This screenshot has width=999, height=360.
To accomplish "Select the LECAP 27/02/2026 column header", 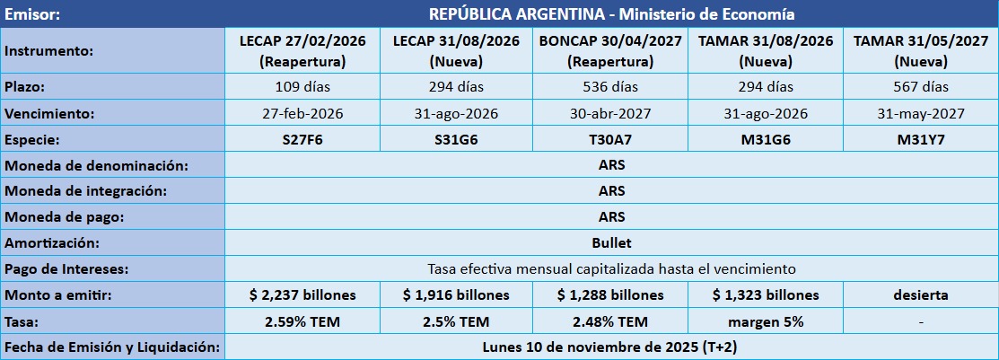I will (x=301, y=51).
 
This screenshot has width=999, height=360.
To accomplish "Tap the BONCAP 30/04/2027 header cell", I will (x=610, y=51).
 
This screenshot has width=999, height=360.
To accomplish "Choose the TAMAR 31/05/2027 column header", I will (x=921, y=51).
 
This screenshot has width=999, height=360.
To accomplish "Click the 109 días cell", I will (x=301, y=87).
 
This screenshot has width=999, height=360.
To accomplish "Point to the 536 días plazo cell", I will (x=610, y=87).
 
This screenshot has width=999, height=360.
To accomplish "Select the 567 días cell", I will (x=921, y=87).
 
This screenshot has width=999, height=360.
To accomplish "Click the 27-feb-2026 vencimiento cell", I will (x=301, y=114).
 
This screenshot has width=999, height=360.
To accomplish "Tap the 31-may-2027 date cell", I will (x=921, y=114).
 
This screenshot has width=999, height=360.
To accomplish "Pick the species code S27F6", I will (x=301, y=140).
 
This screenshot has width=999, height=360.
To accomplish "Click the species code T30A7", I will (x=610, y=140).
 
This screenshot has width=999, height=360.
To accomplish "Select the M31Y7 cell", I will (x=921, y=140).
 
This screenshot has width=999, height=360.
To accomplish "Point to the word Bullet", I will (x=611, y=243).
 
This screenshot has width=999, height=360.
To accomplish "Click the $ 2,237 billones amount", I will (x=301, y=295).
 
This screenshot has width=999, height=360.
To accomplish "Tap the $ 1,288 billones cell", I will (x=610, y=295).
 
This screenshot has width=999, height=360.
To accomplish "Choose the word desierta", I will (x=921, y=295).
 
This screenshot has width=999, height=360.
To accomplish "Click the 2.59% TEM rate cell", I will (x=301, y=321).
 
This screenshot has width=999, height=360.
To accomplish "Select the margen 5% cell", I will (x=766, y=321).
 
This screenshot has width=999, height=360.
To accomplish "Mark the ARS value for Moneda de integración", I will (x=611, y=191).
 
